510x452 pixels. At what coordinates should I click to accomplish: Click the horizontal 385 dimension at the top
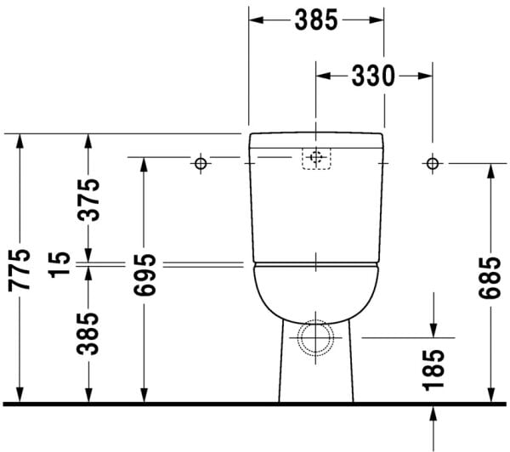click(316, 20)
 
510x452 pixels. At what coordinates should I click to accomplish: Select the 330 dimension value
click(374, 76)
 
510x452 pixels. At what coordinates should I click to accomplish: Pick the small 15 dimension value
click(58, 265)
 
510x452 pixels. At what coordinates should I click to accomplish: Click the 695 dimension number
click(144, 275)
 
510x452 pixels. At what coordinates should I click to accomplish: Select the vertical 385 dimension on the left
click(88, 333)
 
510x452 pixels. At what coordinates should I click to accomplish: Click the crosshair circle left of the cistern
click(201, 162)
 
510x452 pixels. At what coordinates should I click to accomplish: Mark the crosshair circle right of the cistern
click(432, 162)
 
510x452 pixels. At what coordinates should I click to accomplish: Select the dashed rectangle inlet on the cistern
click(316, 158)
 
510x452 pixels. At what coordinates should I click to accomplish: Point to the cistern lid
click(316, 138)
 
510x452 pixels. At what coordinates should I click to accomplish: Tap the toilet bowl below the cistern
click(316, 289)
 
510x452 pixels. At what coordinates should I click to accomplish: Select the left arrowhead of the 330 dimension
click(322, 76)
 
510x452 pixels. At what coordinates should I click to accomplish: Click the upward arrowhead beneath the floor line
click(433, 412)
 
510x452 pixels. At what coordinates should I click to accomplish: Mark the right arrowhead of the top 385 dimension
click(378, 20)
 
